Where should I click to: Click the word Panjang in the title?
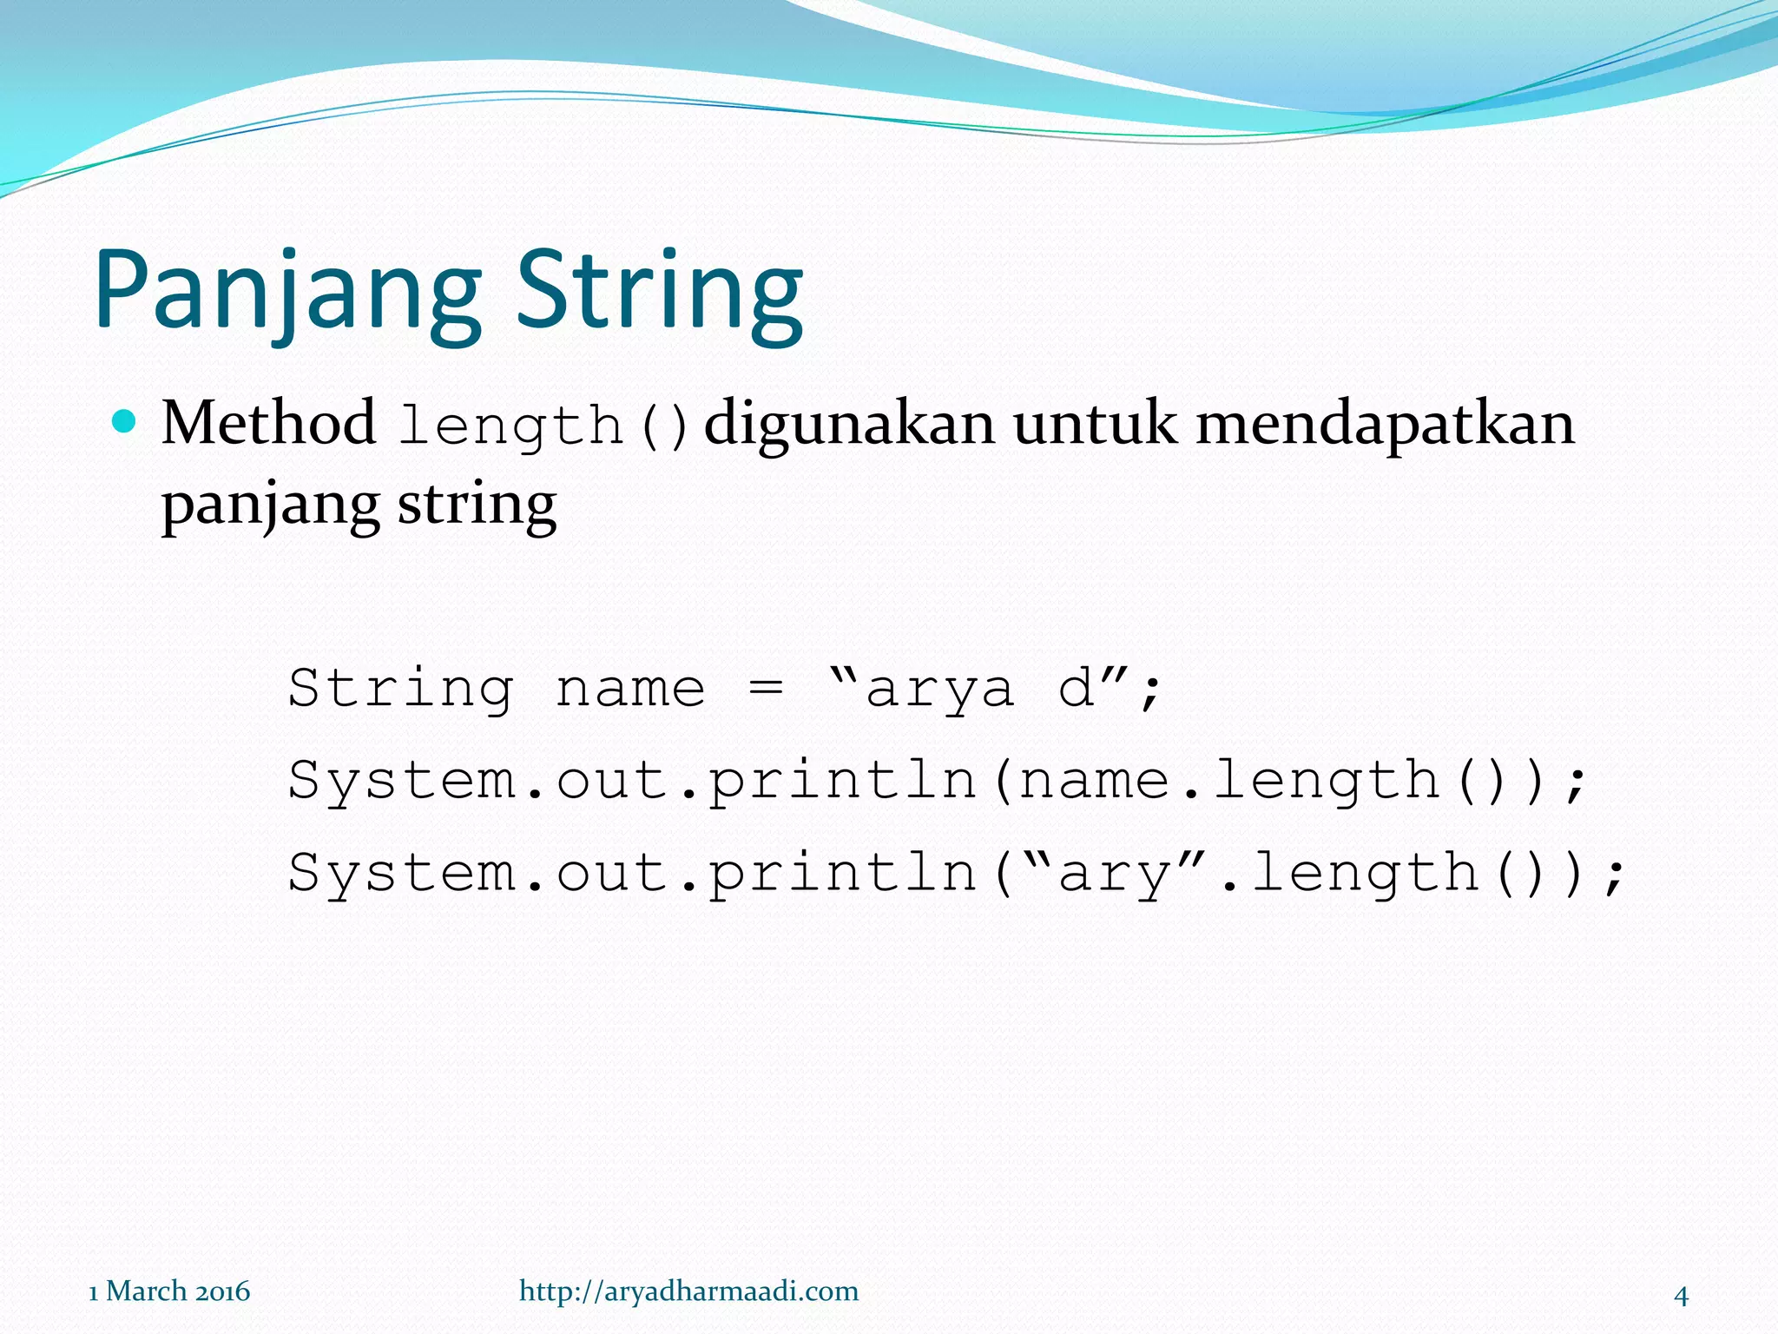[x=286, y=291]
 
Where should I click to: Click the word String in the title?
[x=660, y=291]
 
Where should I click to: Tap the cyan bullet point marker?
[x=125, y=422]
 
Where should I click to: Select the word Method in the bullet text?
[x=268, y=424]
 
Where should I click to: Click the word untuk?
[x=1095, y=424]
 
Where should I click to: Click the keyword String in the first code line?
[x=400, y=689]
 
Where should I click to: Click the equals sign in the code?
[x=766, y=689]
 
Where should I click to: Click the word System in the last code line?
[x=402, y=873]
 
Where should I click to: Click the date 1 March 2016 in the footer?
[x=169, y=1291]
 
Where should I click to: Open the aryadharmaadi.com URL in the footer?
[x=688, y=1291]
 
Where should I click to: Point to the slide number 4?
[x=1681, y=1296]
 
